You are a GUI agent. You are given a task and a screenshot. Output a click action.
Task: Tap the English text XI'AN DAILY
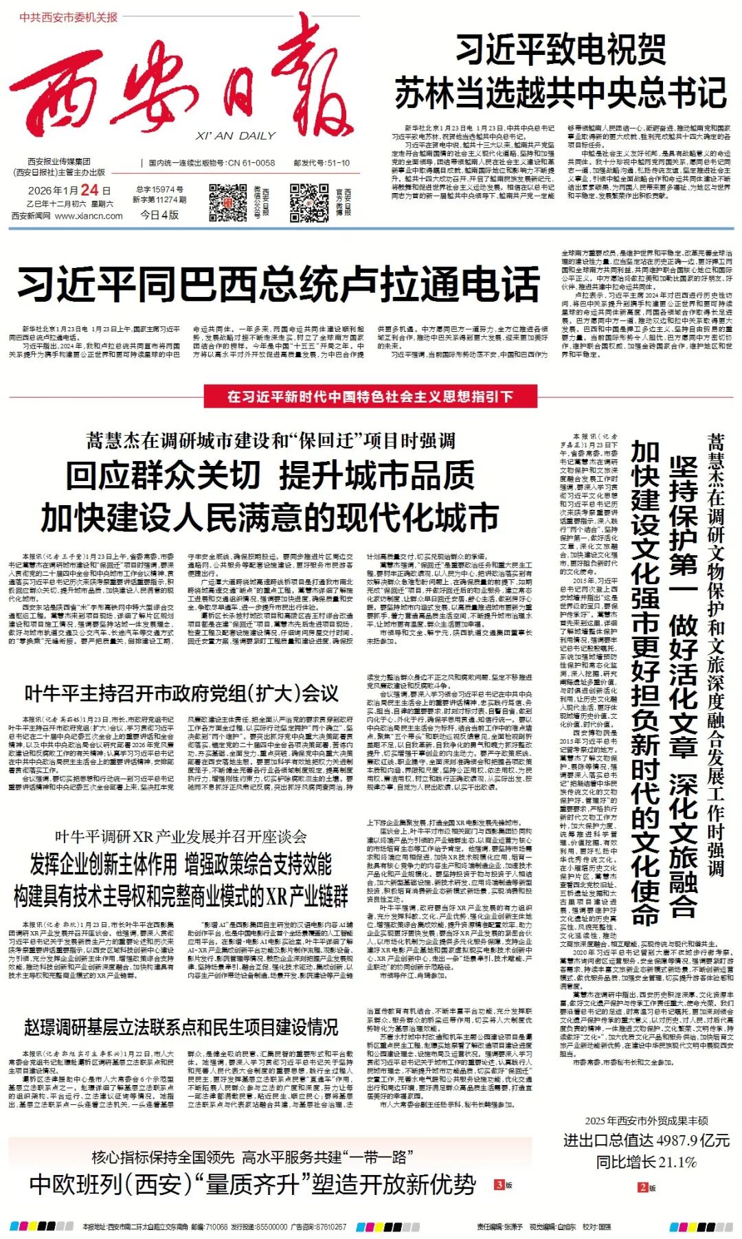235,135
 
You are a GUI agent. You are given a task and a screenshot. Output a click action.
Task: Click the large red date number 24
89,190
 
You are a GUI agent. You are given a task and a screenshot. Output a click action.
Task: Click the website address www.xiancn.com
89,216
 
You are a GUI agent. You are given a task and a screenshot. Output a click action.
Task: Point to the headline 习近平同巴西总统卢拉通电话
278,284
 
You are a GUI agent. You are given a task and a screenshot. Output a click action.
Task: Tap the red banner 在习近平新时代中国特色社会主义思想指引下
370,397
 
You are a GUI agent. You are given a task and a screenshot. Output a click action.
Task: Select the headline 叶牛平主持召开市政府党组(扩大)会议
181,693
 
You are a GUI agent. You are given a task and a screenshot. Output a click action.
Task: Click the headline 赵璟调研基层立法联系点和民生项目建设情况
181,1027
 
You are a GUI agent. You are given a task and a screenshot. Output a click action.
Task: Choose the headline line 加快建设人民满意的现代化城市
269,517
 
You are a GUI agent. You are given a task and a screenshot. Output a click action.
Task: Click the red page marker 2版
647,1187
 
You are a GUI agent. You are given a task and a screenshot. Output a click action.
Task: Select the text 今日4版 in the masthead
159,214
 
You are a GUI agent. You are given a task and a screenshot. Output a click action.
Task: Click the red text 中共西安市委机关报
69,17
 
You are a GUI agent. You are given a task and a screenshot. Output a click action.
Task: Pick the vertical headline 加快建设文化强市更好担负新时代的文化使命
646,680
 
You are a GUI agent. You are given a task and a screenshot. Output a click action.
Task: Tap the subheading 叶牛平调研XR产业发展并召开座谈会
181,836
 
